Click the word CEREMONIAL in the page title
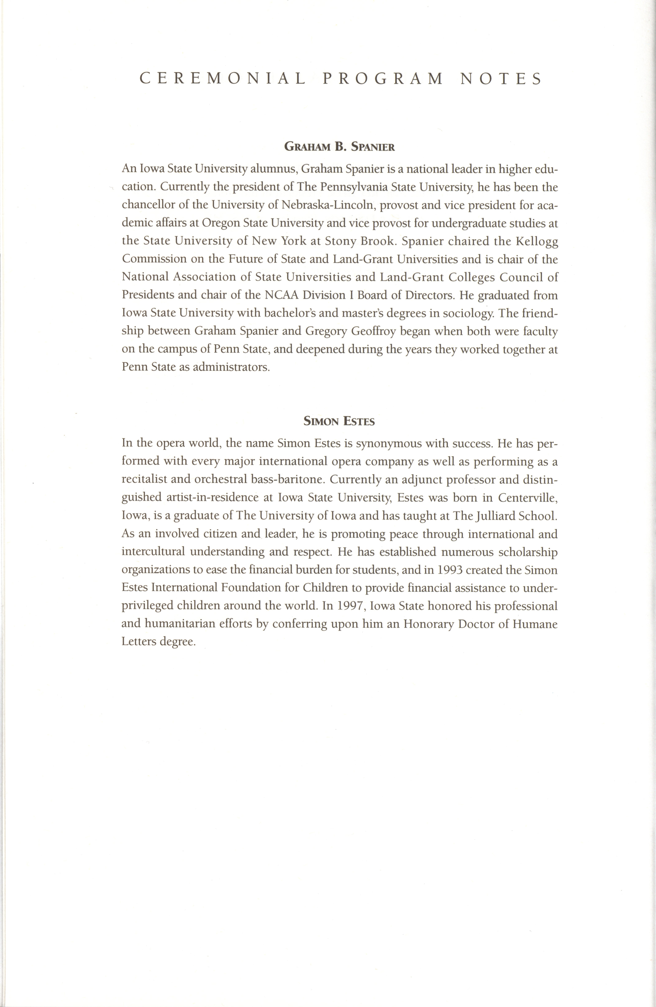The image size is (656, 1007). click(222, 79)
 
